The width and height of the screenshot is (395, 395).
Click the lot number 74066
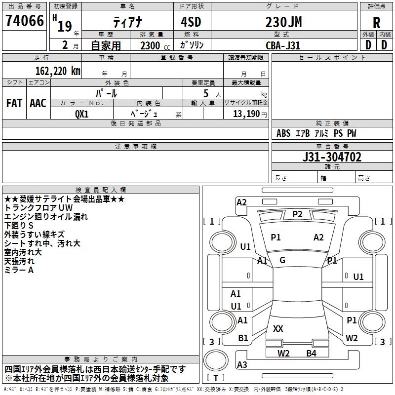[x=25, y=21]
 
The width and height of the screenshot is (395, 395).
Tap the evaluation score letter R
[x=376, y=23]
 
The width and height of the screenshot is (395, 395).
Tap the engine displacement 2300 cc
[x=151, y=45]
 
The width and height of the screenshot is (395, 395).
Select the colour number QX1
[x=81, y=114]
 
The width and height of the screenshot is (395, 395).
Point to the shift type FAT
[x=14, y=103]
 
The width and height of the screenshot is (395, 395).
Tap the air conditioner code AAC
[x=38, y=103]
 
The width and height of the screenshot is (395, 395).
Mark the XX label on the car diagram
[x=278, y=328]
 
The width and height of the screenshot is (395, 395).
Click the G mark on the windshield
[x=282, y=260]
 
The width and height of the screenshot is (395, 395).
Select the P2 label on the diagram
[x=297, y=214]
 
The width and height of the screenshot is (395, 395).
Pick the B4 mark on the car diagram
[x=311, y=353]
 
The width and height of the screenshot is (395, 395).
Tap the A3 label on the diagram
[x=242, y=365]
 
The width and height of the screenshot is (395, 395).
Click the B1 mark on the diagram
[x=243, y=338]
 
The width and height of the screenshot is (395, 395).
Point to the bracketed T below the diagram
[x=215, y=378]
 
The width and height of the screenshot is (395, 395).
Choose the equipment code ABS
[x=283, y=134]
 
